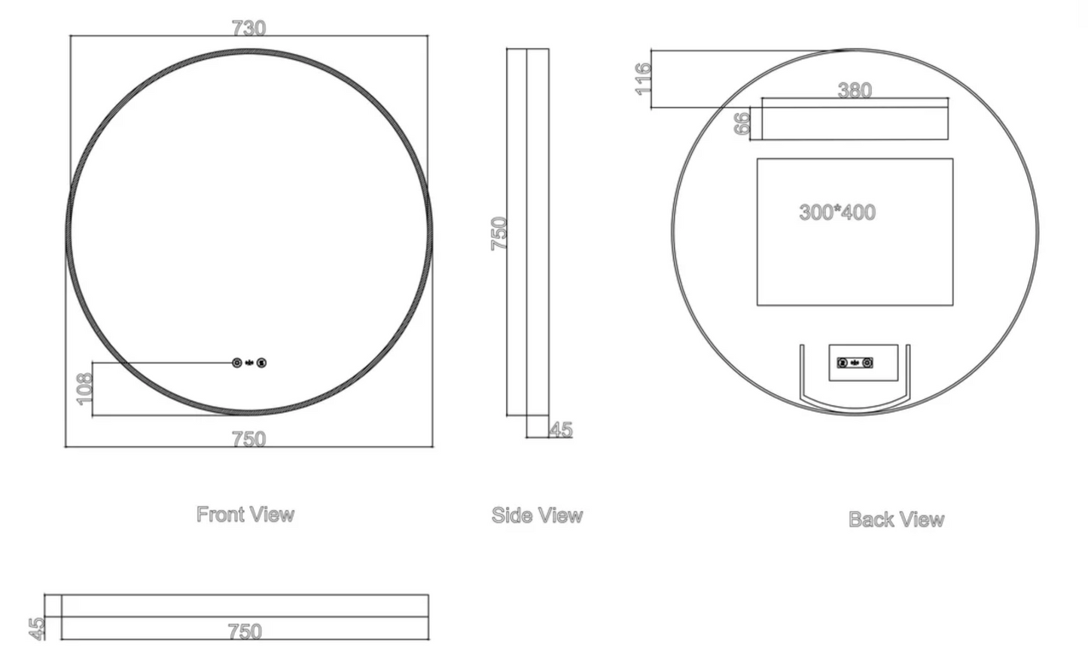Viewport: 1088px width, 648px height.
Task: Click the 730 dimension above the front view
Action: (x=249, y=28)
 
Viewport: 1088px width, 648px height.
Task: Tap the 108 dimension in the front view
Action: (x=84, y=389)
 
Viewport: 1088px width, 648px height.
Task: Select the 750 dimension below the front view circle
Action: (x=249, y=440)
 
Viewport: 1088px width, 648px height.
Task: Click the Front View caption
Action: (x=245, y=515)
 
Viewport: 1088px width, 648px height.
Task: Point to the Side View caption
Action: (x=537, y=516)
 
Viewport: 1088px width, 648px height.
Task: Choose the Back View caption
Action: (x=897, y=519)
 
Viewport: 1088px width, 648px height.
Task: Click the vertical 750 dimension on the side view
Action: (x=499, y=233)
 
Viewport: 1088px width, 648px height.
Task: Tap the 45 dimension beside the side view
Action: (x=562, y=430)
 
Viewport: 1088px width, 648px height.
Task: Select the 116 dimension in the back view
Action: (x=642, y=78)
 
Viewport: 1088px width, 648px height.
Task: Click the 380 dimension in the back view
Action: (x=855, y=90)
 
